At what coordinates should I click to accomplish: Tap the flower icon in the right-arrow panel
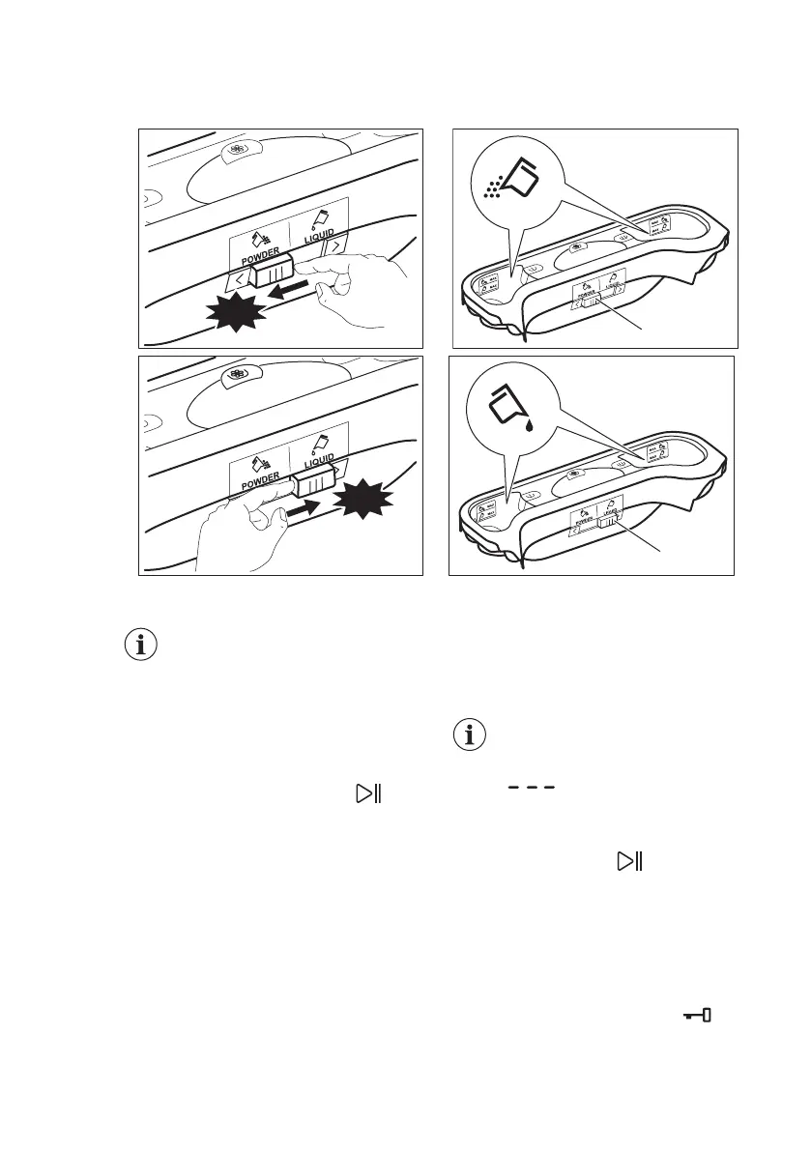pos(236,376)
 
